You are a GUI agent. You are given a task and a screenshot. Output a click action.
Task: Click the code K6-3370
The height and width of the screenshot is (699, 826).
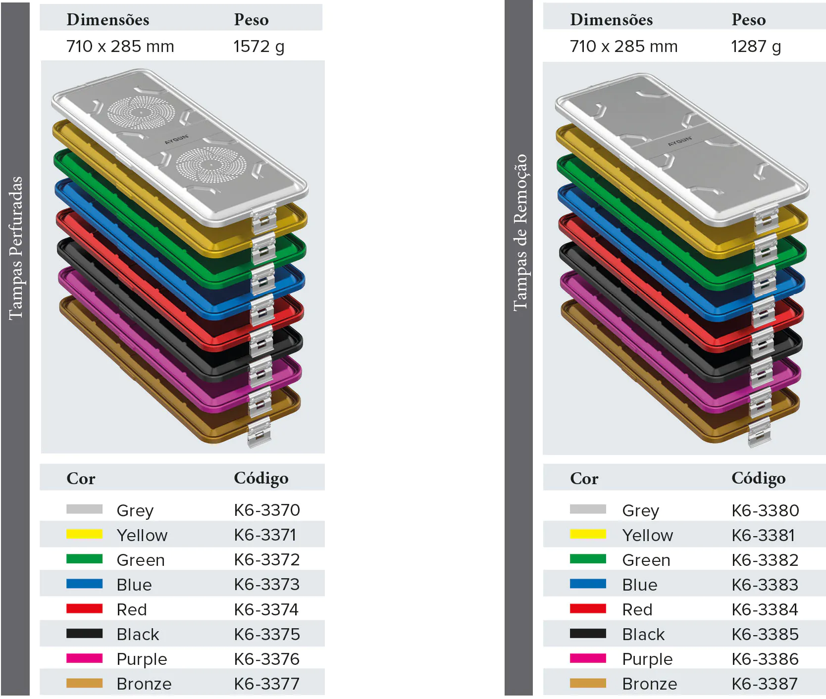[267, 510]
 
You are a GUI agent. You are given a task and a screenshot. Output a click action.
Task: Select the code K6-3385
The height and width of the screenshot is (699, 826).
[765, 634]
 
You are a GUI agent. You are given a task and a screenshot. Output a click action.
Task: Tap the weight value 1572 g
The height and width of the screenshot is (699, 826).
[258, 47]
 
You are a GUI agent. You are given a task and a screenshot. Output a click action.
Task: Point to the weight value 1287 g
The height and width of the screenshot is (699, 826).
[756, 47]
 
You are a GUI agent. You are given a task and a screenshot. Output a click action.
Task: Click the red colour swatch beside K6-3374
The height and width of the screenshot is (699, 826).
[85, 608]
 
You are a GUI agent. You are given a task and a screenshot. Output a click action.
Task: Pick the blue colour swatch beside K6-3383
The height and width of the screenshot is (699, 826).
[588, 584]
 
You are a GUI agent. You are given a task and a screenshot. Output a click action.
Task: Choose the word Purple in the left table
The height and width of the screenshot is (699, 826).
[142, 659]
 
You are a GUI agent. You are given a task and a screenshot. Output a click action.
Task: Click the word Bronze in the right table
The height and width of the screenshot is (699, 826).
[649, 684]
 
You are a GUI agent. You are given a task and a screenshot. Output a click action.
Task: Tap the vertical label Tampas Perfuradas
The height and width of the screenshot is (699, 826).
[16, 248]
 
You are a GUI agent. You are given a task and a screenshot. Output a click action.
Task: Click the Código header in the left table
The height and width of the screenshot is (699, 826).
[261, 478]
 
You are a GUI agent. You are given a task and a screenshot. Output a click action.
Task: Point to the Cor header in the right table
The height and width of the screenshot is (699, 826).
[584, 479]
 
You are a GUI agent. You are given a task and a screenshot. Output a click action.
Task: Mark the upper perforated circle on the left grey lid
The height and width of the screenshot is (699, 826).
[141, 113]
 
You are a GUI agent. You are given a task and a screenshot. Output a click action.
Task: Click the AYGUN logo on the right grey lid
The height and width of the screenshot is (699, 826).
[679, 141]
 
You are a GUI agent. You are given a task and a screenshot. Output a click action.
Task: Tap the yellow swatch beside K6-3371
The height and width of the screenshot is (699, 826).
[85, 534]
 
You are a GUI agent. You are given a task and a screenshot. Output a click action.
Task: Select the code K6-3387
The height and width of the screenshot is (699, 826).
[765, 684]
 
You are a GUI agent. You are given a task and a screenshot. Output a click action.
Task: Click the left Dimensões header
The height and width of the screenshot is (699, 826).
[108, 20]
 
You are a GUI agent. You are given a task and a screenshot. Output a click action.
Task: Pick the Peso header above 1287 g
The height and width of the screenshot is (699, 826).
[748, 20]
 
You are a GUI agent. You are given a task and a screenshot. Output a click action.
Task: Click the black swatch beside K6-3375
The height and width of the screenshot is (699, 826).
[85, 633]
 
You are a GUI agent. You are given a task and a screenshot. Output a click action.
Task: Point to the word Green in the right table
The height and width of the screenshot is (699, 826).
[646, 560]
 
